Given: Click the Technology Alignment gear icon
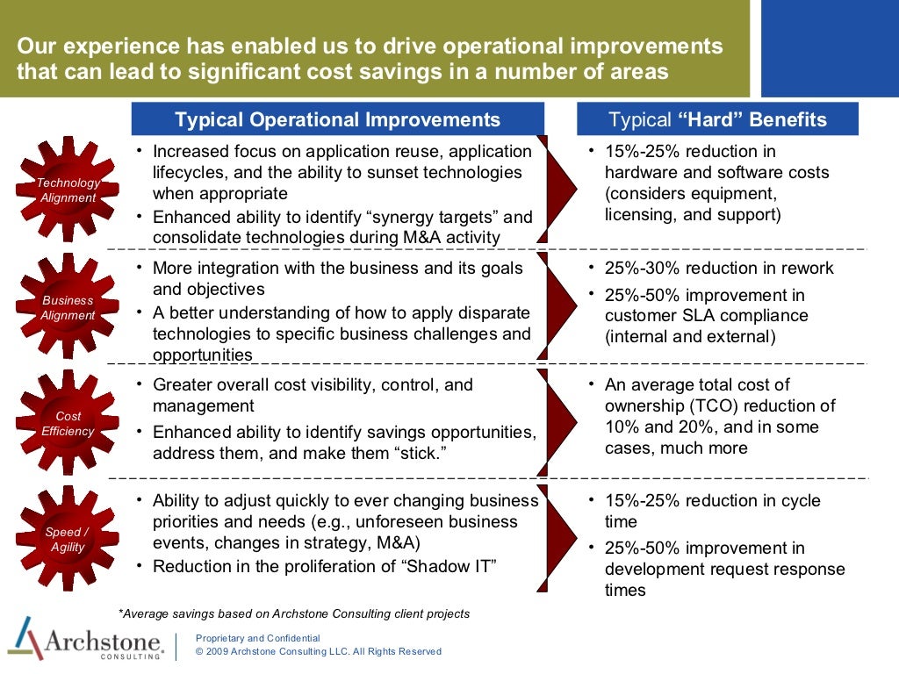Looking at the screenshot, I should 68,190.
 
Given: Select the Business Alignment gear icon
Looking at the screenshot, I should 68,307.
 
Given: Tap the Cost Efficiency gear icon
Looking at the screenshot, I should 68,424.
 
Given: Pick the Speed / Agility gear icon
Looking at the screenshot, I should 68,540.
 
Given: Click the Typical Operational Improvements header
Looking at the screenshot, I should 337,119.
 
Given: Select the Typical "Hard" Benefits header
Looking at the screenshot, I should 717,119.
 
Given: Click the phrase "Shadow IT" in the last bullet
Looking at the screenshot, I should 449,566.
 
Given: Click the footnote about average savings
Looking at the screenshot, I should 294,613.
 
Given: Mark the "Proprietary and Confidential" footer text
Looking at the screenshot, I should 257,638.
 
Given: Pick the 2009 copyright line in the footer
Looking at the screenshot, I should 318,652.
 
